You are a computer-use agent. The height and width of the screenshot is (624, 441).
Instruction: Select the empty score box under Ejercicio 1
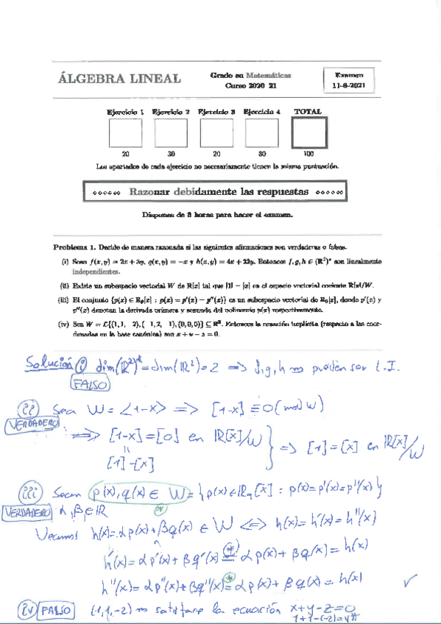[124, 133]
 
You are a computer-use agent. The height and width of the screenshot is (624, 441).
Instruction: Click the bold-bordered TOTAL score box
[308, 133]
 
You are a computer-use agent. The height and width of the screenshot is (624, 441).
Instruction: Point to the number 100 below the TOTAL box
[308, 155]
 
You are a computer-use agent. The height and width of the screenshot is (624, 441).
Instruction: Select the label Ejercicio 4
[261, 112]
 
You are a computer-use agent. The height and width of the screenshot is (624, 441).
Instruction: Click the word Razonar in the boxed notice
[155, 191]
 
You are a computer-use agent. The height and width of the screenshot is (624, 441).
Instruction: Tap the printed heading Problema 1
[75, 247]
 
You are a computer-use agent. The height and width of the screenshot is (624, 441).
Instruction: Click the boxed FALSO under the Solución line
[87, 383]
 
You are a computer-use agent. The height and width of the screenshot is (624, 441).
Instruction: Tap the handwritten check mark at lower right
[410, 584]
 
